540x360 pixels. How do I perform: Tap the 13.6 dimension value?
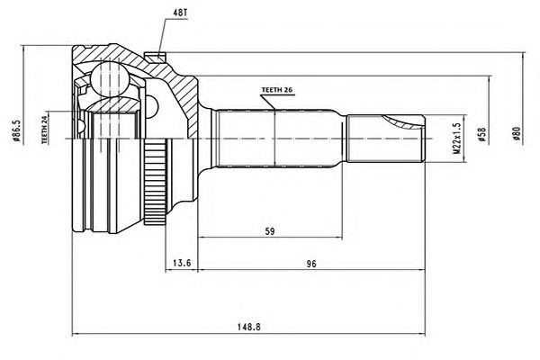[x=181, y=264]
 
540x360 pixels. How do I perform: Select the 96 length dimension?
[x=310, y=264]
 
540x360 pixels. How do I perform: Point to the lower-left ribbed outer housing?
[x=99, y=198]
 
